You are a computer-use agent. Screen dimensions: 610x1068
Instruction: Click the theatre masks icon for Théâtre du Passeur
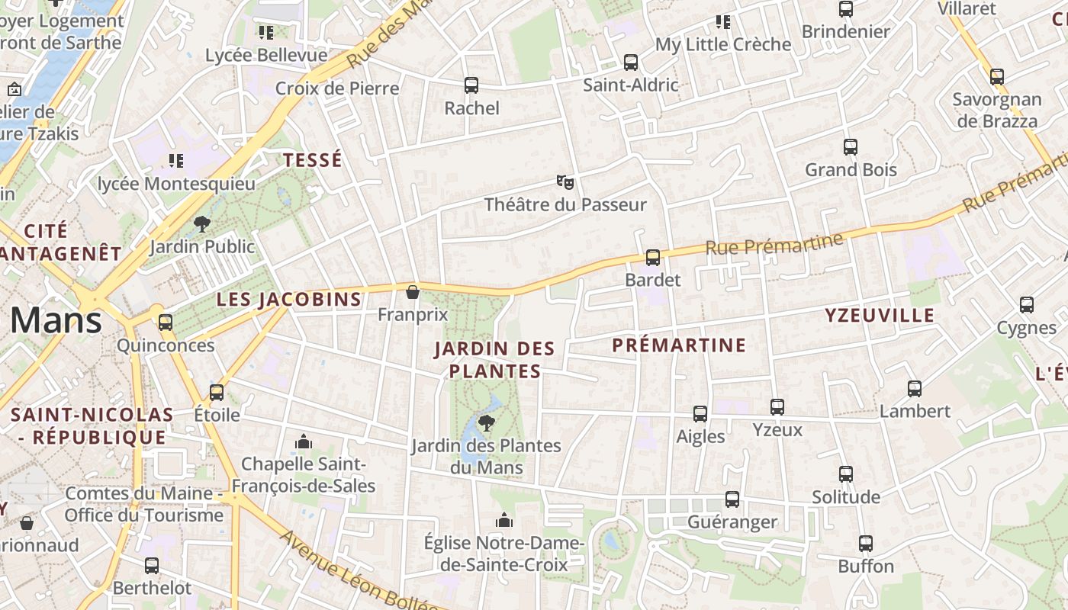pyautogui.click(x=565, y=182)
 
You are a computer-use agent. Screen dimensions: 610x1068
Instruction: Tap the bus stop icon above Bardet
pyautogui.click(x=652, y=258)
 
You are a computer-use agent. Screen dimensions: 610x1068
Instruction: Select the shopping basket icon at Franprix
pyautogui.click(x=413, y=292)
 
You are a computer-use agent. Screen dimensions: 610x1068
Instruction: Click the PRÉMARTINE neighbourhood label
pyautogui.click(x=679, y=345)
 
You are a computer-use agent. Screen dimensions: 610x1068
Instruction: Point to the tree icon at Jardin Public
pyautogui.click(x=202, y=223)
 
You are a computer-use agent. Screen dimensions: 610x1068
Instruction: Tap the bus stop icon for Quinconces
pyautogui.click(x=166, y=323)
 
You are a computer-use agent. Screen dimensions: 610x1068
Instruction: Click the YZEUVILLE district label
pyautogui.click(x=880, y=316)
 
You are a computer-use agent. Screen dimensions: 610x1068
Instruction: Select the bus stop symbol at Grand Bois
pyautogui.click(x=851, y=147)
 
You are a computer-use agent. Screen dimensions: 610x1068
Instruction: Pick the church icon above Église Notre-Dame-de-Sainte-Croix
pyautogui.click(x=503, y=521)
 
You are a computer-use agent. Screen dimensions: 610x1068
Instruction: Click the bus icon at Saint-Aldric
pyautogui.click(x=630, y=63)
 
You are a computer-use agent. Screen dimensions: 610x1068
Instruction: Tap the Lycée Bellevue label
pyautogui.click(x=266, y=56)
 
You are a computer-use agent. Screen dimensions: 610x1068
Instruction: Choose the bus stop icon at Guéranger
pyautogui.click(x=732, y=499)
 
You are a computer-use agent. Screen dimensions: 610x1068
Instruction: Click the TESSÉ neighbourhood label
pyautogui.click(x=313, y=160)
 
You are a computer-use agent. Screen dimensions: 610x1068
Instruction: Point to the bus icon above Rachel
pyautogui.click(x=471, y=85)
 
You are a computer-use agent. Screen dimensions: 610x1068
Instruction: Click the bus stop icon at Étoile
pyautogui.click(x=217, y=393)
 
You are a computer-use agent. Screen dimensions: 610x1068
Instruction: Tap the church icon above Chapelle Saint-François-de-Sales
pyautogui.click(x=304, y=441)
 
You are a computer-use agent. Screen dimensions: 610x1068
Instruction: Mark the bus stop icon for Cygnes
pyautogui.click(x=1027, y=305)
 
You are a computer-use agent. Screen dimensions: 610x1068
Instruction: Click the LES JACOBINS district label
pyautogui.click(x=288, y=300)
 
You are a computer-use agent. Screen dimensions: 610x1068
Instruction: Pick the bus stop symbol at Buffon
pyautogui.click(x=866, y=544)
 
